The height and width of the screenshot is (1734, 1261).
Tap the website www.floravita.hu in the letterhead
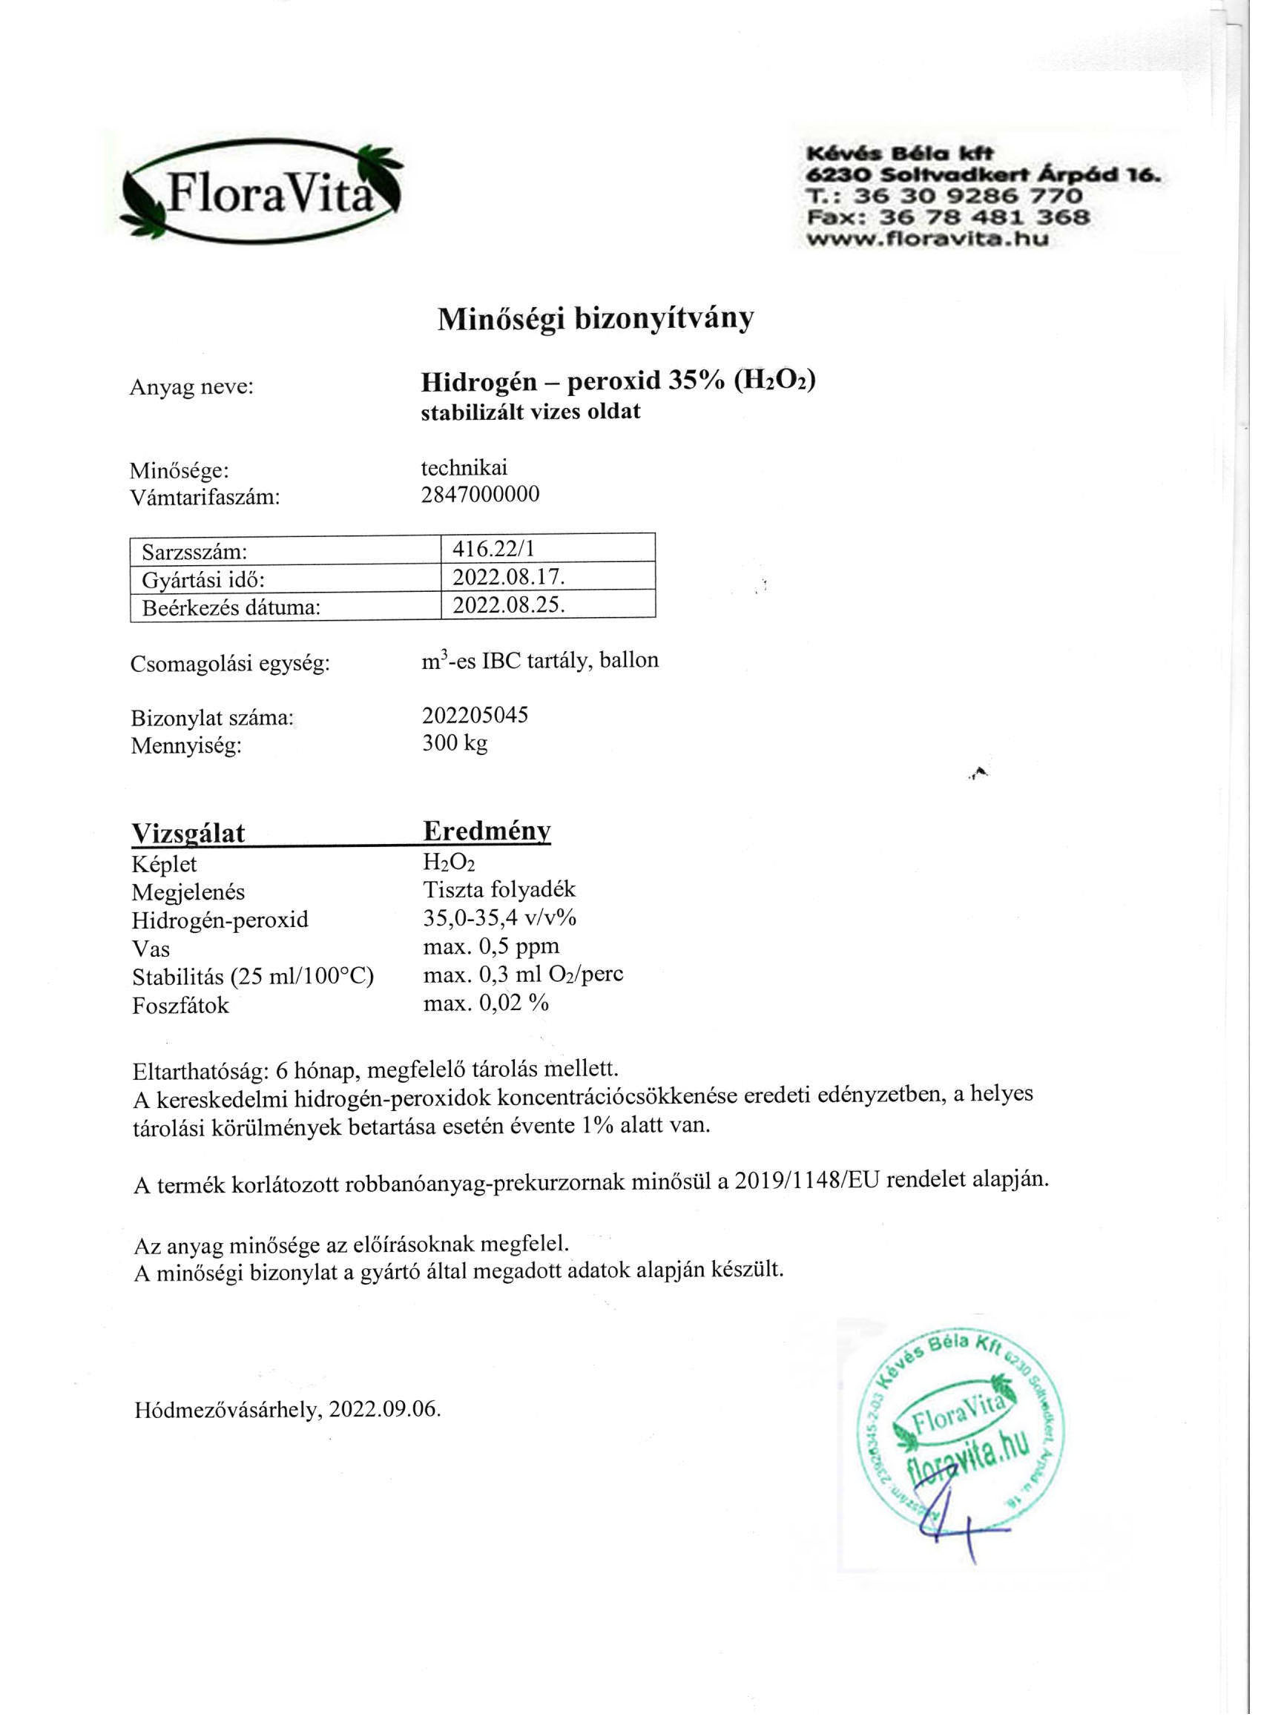click(929, 239)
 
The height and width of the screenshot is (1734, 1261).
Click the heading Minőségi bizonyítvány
click(595, 319)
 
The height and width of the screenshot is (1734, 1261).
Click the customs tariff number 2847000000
click(480, 495)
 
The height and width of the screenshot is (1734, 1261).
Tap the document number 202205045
click(475, 716)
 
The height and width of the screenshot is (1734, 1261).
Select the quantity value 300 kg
click(455, 743)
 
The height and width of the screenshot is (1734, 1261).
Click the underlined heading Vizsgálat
click(188, 833)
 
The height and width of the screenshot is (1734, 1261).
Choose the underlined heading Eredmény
click(487, 831)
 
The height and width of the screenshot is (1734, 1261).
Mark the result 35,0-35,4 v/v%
click(500, 917)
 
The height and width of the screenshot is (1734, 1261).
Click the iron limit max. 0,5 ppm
click(491, 946)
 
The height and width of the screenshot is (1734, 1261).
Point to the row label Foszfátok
click(180, 1006)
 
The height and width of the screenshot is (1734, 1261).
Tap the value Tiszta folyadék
click(499, 889)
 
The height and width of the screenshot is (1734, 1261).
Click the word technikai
click(464, 467)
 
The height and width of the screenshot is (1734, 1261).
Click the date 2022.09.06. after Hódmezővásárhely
click(385, 1410)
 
